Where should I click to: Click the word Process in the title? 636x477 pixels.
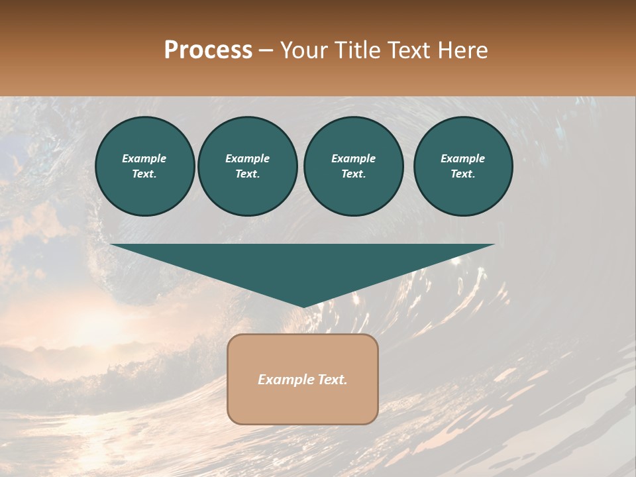(208, 50)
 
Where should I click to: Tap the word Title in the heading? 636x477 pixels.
(356, 50)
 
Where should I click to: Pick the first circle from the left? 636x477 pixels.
(144, 166)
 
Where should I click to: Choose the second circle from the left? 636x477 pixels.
(248, 166)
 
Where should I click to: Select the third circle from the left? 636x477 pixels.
(353, 166)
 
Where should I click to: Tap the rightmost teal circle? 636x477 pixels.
(463, 166)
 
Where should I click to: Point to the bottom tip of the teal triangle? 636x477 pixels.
(303, 306)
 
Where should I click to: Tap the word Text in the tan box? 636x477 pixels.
(331, 380)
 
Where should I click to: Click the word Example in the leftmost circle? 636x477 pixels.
(144, 158)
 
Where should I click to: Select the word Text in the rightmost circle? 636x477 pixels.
(462, 174)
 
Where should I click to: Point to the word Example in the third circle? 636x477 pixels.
(353, 158)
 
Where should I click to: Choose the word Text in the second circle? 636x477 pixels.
(247, 174)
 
